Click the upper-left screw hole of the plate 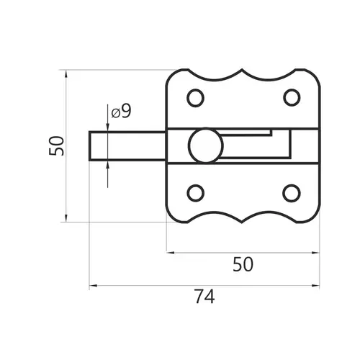195,98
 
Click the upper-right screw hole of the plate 292,97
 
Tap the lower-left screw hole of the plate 195,193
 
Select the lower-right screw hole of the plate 292,193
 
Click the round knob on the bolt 206,145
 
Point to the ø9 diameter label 122,112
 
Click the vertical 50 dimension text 57,145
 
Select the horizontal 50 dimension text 243,264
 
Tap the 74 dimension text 204,297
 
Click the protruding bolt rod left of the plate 127,146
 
